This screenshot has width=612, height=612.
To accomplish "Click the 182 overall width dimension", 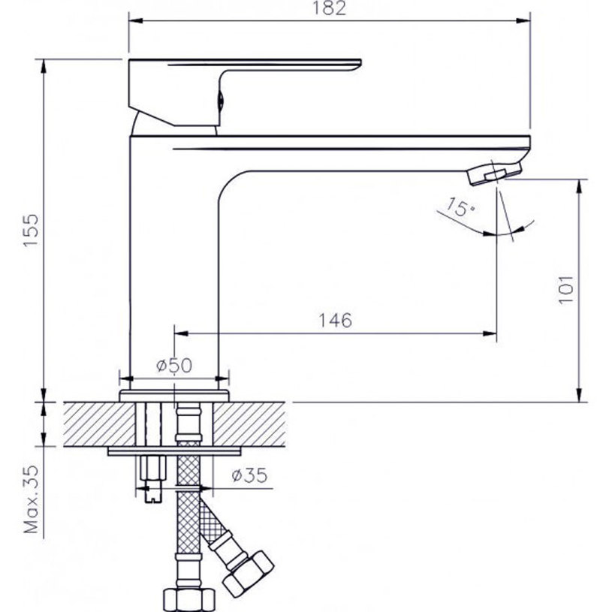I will pos(330,9).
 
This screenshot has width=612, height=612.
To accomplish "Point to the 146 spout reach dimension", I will pos(335,321).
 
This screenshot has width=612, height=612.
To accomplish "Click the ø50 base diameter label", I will pos(173,366).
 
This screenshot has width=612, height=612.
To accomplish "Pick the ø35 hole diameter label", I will pos(245,476).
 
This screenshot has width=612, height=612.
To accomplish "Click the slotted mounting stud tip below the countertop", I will pos(153,491).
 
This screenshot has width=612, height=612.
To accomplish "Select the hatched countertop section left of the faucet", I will pos(90,424).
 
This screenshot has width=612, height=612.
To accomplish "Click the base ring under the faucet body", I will pos(174,393).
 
